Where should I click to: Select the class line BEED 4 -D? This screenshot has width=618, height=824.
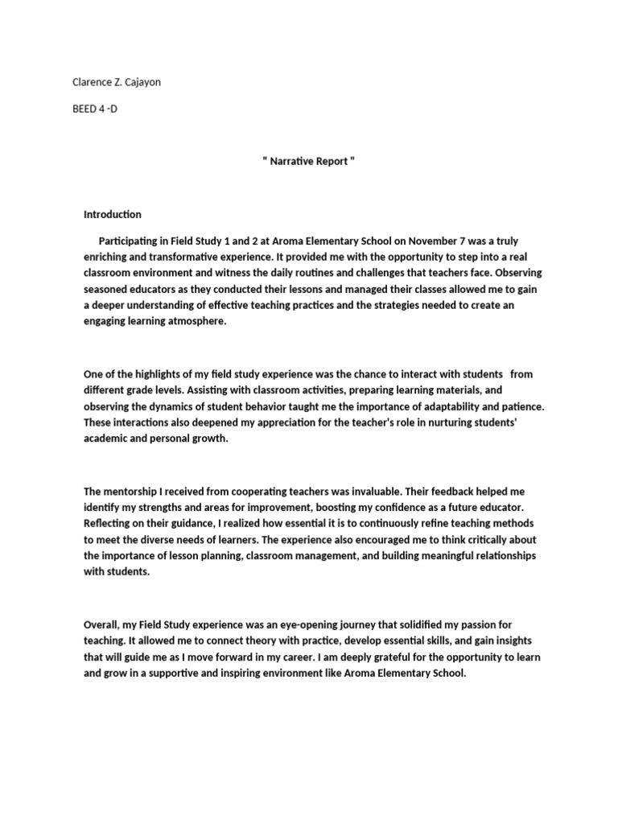94,109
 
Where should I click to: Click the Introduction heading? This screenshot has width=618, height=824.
113,214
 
